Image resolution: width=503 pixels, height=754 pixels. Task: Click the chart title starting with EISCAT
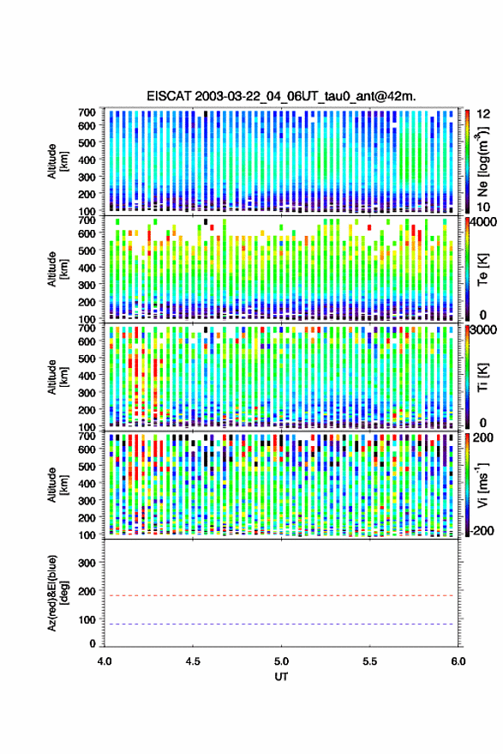point(281,96)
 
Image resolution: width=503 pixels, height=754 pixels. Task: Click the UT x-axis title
point(281,677)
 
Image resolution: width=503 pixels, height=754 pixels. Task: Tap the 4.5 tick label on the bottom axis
point(193,661)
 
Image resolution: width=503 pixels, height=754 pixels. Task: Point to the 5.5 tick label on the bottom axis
point(369,661)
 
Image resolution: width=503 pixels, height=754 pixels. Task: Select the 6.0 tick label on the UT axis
point(458,661)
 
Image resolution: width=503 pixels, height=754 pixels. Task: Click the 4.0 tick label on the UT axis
point(105,661)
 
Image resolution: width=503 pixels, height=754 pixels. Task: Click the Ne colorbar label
point(482,161)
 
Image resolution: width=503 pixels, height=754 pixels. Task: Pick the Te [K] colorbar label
point(482,269)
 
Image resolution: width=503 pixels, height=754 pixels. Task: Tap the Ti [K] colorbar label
point(482,377)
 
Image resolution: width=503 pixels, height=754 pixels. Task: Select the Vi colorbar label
point(482,485)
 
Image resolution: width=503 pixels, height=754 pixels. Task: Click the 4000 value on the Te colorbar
point(484,221)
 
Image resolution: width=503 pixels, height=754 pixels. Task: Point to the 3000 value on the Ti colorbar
point(484,329)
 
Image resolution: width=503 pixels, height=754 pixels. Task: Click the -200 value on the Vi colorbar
point(481,531)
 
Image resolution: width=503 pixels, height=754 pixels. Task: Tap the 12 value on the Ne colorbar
point(483,114)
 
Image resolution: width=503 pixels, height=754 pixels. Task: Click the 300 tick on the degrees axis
point(86,563)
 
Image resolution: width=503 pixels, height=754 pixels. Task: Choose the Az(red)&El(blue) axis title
point(57,593)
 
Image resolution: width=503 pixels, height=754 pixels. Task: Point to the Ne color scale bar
point(467,161)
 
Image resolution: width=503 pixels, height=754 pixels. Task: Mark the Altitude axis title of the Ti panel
point(57,377)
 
